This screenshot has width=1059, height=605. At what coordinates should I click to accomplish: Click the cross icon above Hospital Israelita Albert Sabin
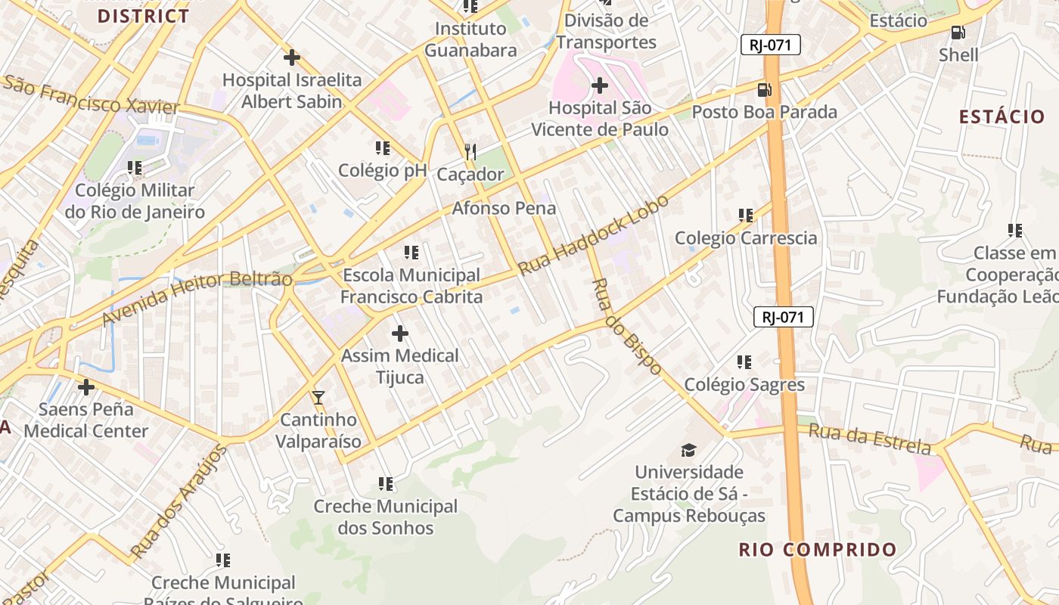[291, 57]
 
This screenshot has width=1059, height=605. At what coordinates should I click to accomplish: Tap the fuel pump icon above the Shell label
[958, 33]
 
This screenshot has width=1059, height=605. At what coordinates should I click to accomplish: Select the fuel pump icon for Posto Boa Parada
[765, 90]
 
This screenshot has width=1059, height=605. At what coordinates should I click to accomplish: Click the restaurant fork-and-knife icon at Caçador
[470, 152]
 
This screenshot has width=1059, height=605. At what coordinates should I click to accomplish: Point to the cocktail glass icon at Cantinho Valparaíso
[318, 397]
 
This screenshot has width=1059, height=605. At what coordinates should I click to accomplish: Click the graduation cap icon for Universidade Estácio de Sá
[688, 450]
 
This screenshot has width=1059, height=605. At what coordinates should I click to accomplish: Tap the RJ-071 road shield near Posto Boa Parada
[770, 45]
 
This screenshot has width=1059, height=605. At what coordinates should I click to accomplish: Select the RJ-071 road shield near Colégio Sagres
[783, 317]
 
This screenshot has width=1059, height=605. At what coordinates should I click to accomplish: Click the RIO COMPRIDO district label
[818, 550]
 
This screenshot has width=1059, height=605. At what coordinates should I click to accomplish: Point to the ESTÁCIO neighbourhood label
[1002, 116]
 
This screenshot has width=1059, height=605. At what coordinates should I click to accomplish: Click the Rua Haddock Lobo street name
[594, 235]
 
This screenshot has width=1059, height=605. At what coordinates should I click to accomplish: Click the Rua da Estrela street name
[870, 439]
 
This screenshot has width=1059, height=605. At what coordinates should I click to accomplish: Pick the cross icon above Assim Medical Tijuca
[400, 333]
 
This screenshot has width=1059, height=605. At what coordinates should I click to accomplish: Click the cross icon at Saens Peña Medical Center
[86, 387]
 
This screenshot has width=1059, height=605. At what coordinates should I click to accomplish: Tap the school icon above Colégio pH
[382, 147]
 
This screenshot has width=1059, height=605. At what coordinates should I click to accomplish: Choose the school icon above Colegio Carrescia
[746, 216]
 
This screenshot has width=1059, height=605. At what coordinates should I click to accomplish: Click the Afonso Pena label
[504, 208]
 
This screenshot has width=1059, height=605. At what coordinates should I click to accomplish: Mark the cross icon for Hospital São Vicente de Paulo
[599, 85]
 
